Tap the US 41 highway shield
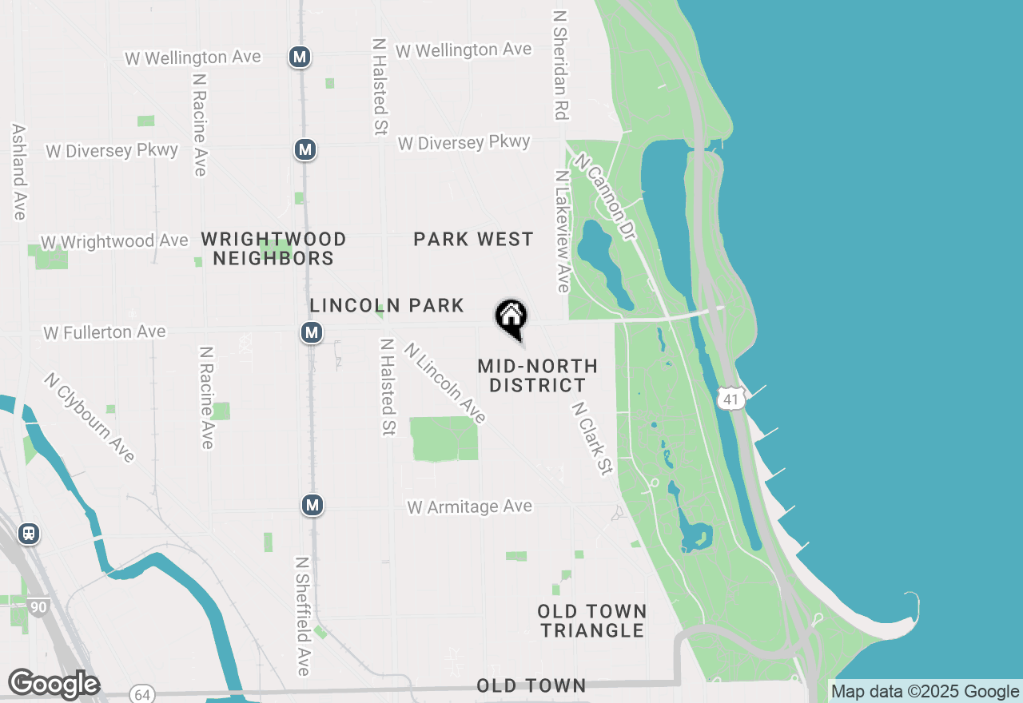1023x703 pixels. [731, 397]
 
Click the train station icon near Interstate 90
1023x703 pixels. [29, 533]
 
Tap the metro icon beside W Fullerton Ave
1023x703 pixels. [312, 332]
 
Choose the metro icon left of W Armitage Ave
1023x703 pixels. [312, 505]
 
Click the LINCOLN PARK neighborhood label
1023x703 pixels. [387, 305]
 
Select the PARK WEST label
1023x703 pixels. [473, 239]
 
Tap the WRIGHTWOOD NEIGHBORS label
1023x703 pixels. [273, 248]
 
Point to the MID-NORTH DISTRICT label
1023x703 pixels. [537, 375]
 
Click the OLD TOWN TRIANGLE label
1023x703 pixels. [591, 621]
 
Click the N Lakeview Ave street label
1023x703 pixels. [563, 232]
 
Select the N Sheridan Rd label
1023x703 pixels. [560, 66]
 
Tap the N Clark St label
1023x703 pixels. [591, 439]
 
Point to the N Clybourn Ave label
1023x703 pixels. [90, 418]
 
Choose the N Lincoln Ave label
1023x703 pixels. [445, 383]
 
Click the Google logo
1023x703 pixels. [54, 685]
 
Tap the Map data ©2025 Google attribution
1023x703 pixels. [925, 692]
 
